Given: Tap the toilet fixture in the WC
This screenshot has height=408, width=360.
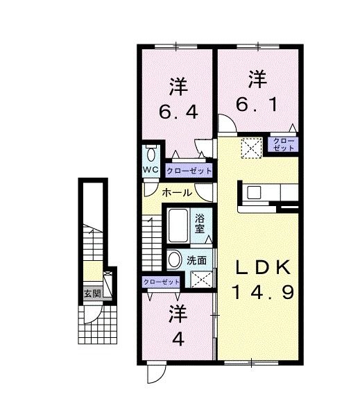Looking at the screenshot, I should pos(151,154).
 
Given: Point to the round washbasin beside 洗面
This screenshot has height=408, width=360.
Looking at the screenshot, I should pos(175,260).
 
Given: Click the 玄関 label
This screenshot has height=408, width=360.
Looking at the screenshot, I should pos(93,294).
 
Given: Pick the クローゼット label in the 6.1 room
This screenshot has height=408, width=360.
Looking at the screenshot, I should pos(282,144).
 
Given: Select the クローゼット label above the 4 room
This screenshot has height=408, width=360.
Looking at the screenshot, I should pos(161,282).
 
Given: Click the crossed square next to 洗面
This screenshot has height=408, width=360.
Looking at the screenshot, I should pos(203,280).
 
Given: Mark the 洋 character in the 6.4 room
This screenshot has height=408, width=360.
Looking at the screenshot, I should pos(178,88).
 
